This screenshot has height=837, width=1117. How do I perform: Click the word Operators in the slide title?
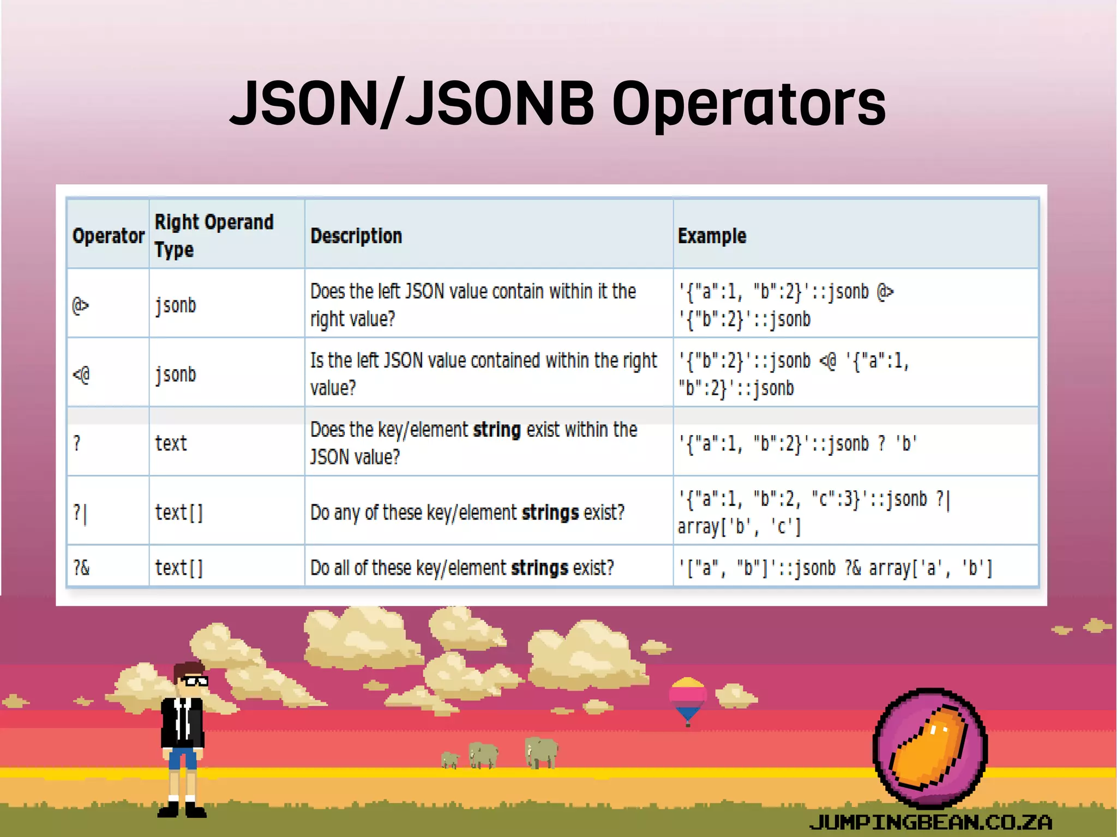point(748,104)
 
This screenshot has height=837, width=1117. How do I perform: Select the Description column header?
point(356,236)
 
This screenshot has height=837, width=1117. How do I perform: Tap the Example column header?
point(712,236)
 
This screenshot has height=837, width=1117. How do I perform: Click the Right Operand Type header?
point(214,236)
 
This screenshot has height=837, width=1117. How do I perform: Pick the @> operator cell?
point(81,305)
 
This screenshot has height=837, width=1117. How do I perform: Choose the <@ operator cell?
point(81,375)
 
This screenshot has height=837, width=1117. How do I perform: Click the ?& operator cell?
point(81,568)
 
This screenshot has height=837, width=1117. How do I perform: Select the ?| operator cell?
point(80,513)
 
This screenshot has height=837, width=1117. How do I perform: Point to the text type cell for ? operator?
point(171,443)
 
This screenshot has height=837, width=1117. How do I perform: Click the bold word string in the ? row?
point(496,430)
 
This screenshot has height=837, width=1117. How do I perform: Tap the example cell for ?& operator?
point(834,568)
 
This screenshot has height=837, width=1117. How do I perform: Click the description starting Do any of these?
point(467,513)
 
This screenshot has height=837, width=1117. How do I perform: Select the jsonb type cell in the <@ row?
point(175,375)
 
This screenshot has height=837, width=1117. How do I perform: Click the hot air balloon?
point(688,698)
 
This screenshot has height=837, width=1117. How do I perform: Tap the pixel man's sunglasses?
point(194,681)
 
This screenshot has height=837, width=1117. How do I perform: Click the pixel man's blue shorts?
point(182,758)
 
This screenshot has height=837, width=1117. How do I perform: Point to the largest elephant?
point(541,752)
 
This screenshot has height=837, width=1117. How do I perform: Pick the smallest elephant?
point(450,760)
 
